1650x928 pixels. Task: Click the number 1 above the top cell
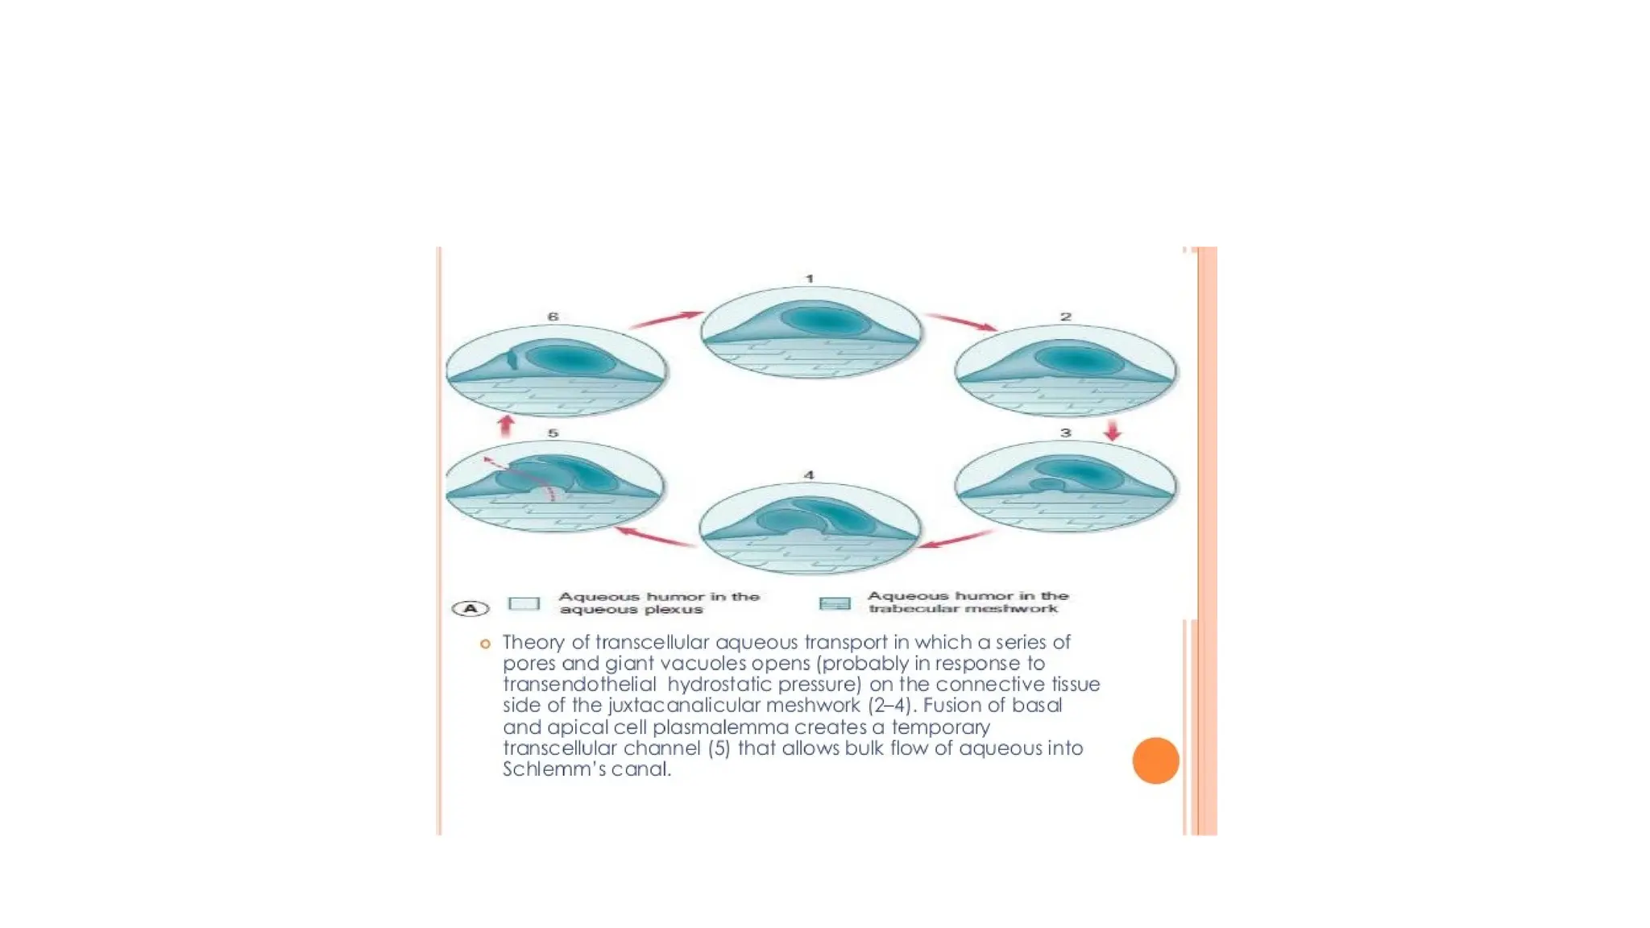[x=810, y=279]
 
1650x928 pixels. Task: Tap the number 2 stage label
[x=1066, y=317]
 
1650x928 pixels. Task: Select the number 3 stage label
[x=1066, y=433]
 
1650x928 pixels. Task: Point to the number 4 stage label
[x=809, y=475]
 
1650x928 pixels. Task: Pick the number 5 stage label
[x=553, y=433]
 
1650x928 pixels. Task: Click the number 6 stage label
[x=553, y=317]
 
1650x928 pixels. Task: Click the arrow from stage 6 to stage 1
[x=666, y=320]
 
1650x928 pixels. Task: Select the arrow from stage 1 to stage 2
[x=961, y=322]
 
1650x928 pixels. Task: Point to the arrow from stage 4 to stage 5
[x=655, y=537]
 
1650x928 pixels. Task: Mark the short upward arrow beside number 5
[x=506, y=425]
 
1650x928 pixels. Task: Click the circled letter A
[x=471, y=608]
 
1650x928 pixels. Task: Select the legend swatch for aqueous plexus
[x=524, y=604]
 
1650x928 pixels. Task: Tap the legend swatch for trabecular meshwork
[x=835, y=603]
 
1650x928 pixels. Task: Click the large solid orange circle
[x=1155, y=760]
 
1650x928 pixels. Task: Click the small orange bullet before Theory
[x=485, y=644]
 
